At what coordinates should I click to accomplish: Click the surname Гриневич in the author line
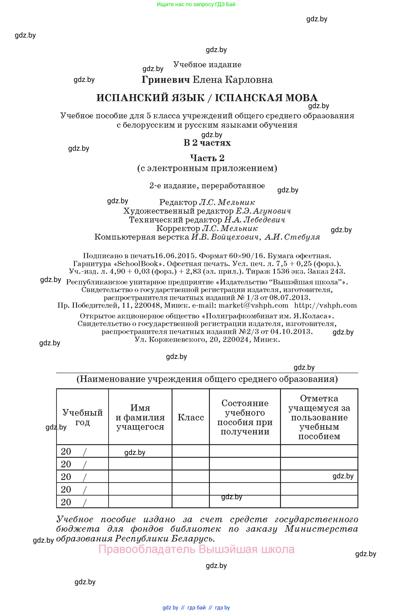click(x=166, y=80)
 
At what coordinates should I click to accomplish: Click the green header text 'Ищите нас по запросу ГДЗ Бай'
click(x=196, y=4)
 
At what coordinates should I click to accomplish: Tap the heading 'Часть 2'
click(x=207, y=158)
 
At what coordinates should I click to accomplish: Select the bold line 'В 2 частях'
click(x=207, y=143)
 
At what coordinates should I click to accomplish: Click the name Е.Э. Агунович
click(x=263, y=211)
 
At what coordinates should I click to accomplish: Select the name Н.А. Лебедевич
click(x=254, y=220)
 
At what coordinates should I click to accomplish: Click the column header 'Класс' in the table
click(x=191, y=417)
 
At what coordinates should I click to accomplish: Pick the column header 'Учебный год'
click(x=82, y=417)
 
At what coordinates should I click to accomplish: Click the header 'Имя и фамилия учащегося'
click(x=140, y=417)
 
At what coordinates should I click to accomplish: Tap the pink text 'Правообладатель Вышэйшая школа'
click(x=196, y=549)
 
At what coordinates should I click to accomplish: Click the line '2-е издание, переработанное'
click(x=207, y=186)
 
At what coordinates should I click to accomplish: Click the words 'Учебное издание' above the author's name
click(x=207, y=64)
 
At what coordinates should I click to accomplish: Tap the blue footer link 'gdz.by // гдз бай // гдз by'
click(x=196, y=607)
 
